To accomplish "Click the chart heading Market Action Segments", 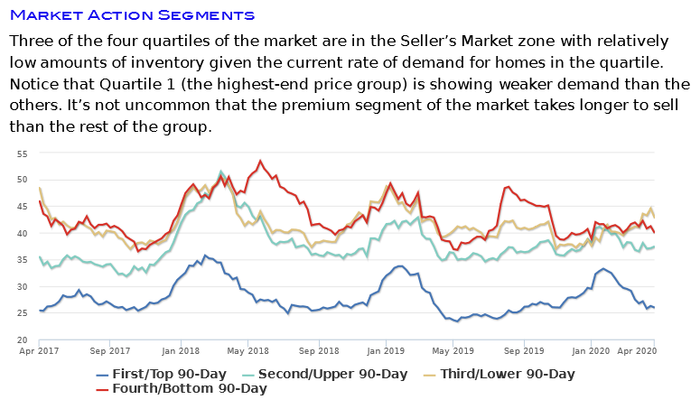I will point(132,15).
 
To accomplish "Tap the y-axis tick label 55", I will point(21,153).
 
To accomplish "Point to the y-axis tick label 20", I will point(21,339).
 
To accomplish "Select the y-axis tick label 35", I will point(21,260).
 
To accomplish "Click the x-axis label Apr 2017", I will point(39,349).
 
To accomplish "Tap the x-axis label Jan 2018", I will point(182,349).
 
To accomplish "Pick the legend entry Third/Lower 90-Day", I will point(508,374).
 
